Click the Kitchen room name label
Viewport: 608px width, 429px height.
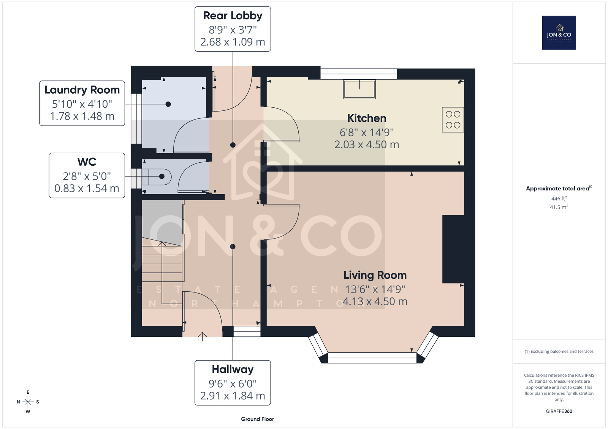tap(367, 118)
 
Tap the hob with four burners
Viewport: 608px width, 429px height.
tap(453, 120)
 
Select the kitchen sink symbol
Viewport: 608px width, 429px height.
tap(359, 89)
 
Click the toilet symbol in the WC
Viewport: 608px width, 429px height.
tap(156, 177)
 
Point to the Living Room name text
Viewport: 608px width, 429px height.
tap(375, 275)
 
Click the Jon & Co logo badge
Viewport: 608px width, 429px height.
tap(559, 33)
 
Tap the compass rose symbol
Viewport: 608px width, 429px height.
tap(28, 402)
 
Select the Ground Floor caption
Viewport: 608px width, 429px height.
tap(257, 419)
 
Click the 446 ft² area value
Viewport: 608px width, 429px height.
tap(559, 198)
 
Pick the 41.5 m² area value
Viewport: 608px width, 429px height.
tap(559, 207)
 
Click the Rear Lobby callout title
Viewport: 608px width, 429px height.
tap(233, 16)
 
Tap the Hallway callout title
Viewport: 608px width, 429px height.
tap(233, 369)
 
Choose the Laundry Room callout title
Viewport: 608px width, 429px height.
tap(82, 90)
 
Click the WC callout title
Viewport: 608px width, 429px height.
tap(87, 162)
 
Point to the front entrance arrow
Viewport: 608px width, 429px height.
tap(202, 336)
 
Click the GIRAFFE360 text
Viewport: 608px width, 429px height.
tap(559, 411)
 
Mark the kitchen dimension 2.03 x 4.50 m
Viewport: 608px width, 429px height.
tap(367, 145)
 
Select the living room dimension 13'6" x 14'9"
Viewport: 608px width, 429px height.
tap(375, 289)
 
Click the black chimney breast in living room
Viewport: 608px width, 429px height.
tap(453, 249)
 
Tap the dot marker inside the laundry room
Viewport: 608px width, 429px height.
tap(168, 104)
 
